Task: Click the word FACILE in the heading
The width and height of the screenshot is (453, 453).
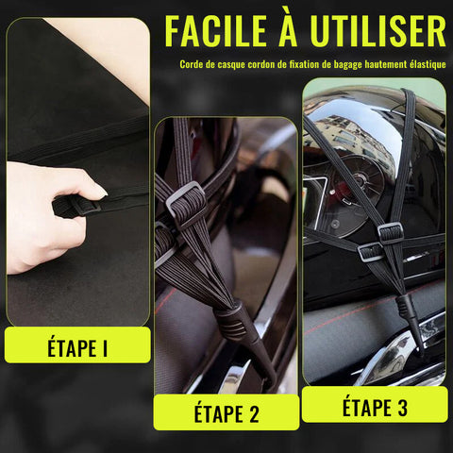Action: click(x=215, y=31)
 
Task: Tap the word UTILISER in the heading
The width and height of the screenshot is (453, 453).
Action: click(x=377, y=31)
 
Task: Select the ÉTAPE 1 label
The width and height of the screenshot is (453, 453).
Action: click(x=77, y=348)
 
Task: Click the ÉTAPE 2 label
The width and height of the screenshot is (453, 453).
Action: click(x=226, y=413)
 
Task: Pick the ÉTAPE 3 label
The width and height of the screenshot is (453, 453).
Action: click(x=375, y=408)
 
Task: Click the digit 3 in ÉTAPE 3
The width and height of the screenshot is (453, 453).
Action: click(x=401, y=408)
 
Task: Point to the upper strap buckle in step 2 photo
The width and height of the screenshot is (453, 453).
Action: click(x=186, y=204)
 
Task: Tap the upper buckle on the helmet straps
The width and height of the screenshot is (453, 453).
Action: click(x=390, y=232)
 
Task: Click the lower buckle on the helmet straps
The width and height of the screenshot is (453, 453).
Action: click(x=371, y=252)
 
